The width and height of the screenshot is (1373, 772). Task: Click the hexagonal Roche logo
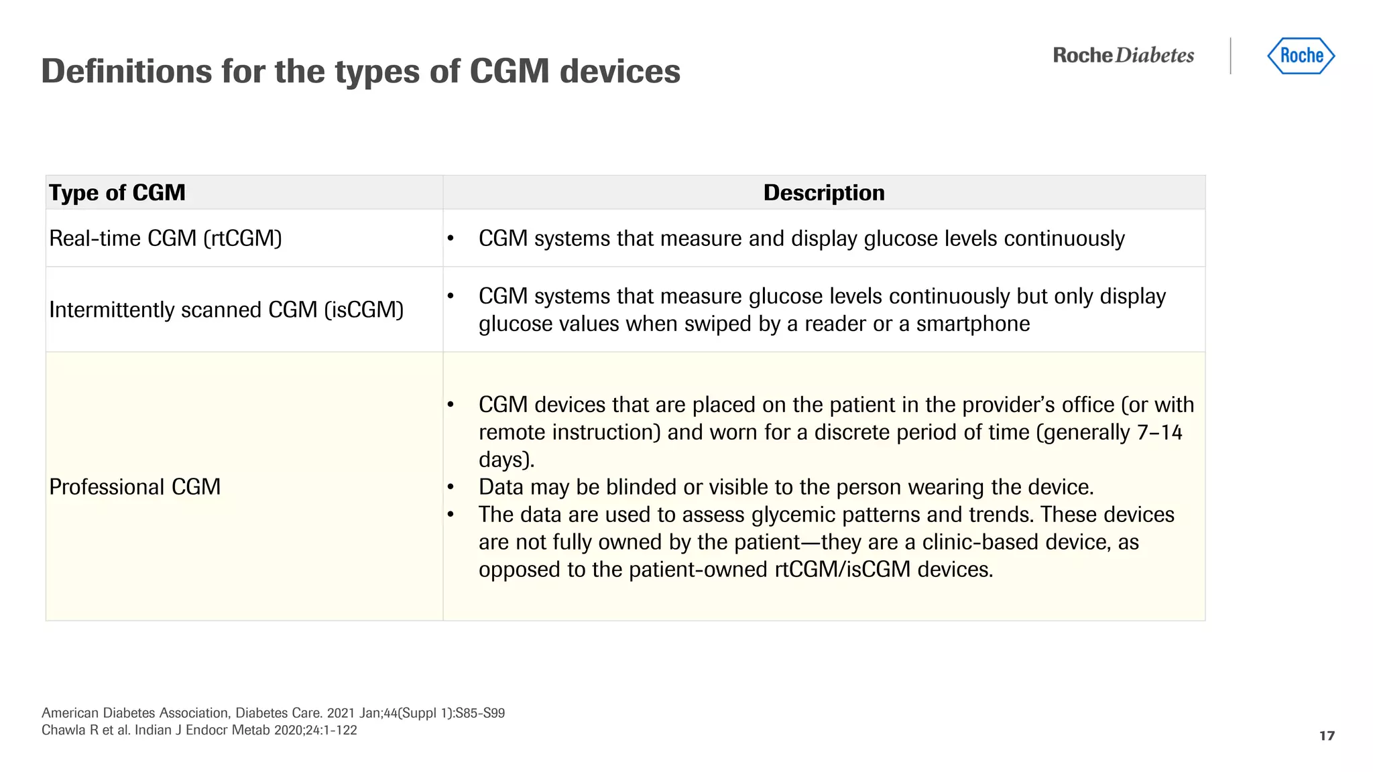[x=1301, y=56]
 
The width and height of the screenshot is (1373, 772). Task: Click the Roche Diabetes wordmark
[x=1124, y=56]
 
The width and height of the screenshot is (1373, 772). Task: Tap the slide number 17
[x=1327, y=736]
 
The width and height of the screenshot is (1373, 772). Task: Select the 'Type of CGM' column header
[x=117, y=193]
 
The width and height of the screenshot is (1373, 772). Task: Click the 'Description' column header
[x=824, y=193]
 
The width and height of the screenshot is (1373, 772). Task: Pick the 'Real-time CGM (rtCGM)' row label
[x=166, y=239]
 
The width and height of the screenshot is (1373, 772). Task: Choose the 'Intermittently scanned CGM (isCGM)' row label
[x=227, y=310]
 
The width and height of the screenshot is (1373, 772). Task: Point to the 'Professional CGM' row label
[x=135, y=487]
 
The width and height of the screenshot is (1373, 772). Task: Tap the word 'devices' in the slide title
[x=619, y=71]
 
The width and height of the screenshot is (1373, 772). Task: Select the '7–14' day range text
[x=1159, y=432]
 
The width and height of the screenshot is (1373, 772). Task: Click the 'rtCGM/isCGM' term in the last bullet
[x=843, y=570]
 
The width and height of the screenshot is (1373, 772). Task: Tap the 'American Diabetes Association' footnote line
[x=273, y=713]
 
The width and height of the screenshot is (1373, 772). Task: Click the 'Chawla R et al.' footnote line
[x=199, y=730]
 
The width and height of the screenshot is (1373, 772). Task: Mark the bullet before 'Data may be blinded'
[x=451, y=487]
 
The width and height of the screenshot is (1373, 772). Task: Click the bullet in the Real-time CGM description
[x=451, y=239]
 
